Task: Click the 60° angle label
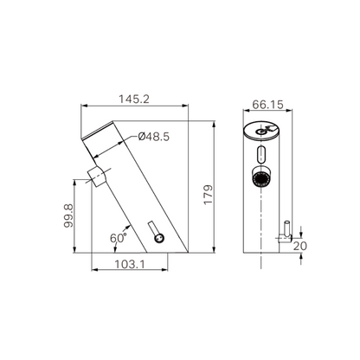(x=119, y=235)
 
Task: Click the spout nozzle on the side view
(x=97, y=176)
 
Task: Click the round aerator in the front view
(x=259, y=180)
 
